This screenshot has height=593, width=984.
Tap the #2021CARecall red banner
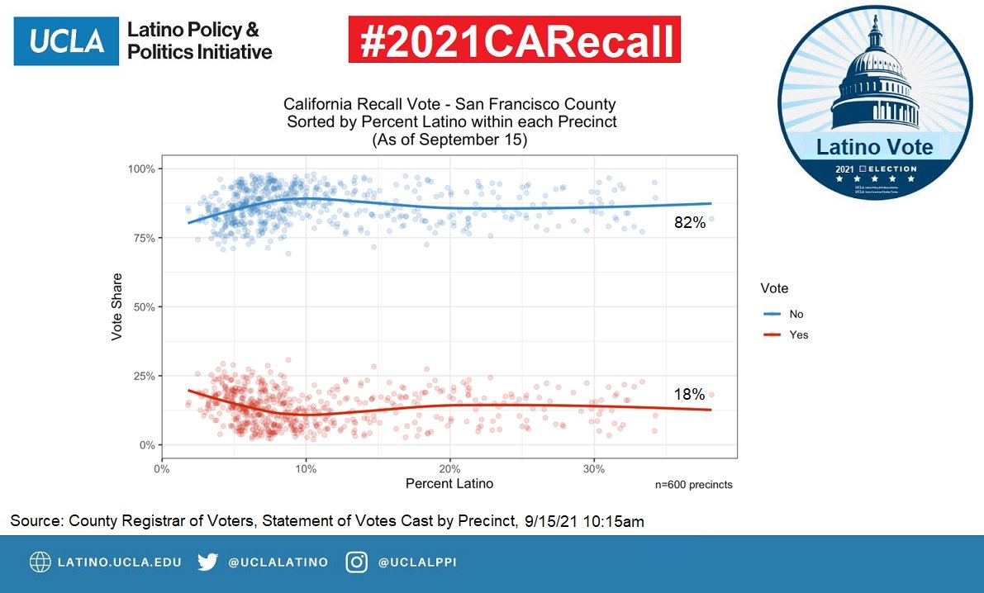515,40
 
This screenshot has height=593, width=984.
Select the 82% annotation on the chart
689,222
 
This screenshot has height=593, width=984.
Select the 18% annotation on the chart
689,395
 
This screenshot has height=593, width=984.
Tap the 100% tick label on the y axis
142,168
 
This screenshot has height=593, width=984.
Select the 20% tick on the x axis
449,468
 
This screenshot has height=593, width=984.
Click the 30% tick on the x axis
593,468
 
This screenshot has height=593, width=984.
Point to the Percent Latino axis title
449,483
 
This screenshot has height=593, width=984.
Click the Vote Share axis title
117,306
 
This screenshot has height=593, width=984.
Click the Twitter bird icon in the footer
208,562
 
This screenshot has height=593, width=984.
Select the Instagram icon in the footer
357,562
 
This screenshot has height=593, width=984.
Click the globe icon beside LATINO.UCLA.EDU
40,562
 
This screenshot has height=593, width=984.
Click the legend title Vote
774,288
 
